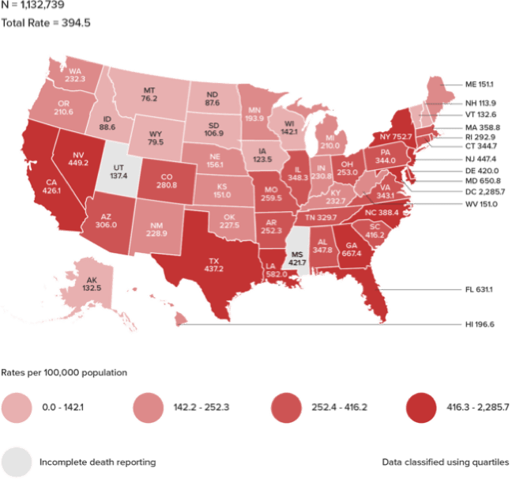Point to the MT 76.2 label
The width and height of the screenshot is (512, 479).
coord(149,94)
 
